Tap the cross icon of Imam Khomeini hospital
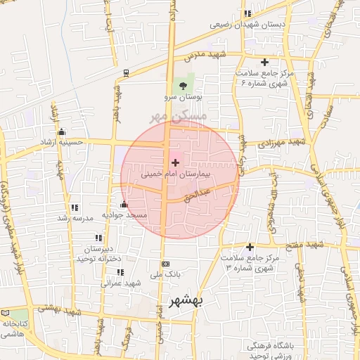175,162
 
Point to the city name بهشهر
186,301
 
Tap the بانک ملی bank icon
165,264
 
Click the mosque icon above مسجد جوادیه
124,205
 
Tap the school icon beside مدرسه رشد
74,207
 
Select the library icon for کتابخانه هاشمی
6,312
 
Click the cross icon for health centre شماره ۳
250,247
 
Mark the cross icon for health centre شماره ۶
264,63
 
